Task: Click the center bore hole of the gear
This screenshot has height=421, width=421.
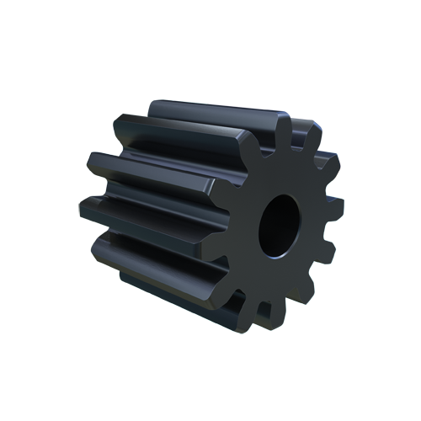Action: click(279, 226)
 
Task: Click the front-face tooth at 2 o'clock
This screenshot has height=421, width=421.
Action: click(331, 162)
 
